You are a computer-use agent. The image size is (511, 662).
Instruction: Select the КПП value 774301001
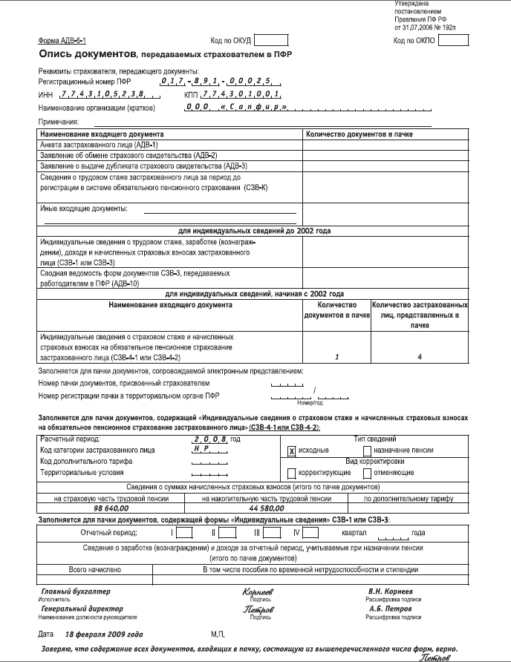pyautogui.click(x=242, y=95)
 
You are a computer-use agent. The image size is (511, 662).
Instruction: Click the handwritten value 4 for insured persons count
pyautogui.click(x=420, y=357)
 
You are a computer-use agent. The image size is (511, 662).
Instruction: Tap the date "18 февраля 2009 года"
pyautogui.click(x=104, y=636)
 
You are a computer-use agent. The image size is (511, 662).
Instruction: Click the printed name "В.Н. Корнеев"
pyautogui.click(x=394, y=591)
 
